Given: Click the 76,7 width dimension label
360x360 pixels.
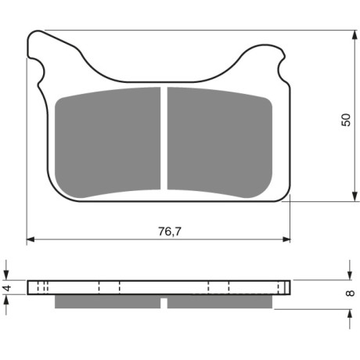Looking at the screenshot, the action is (x=170, y=231).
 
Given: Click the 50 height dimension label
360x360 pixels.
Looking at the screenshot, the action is (x=346, y=120).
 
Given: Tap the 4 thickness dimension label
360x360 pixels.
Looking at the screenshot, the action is (x=7, y=288).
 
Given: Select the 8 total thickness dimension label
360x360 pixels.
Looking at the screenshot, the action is (x=350, y=293).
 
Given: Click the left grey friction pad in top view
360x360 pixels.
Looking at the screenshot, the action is (x=108, y=142).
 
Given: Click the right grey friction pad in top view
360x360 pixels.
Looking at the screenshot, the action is (x=220, y=142).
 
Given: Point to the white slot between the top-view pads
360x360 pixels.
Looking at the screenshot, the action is (x=164, y=139).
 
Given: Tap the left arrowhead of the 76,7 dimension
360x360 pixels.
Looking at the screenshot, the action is (x=31, y=239).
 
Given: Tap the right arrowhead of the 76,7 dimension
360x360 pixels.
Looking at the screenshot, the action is (x=286, y=239).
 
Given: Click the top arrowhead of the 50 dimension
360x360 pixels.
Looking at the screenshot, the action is (x=355, y=35).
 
